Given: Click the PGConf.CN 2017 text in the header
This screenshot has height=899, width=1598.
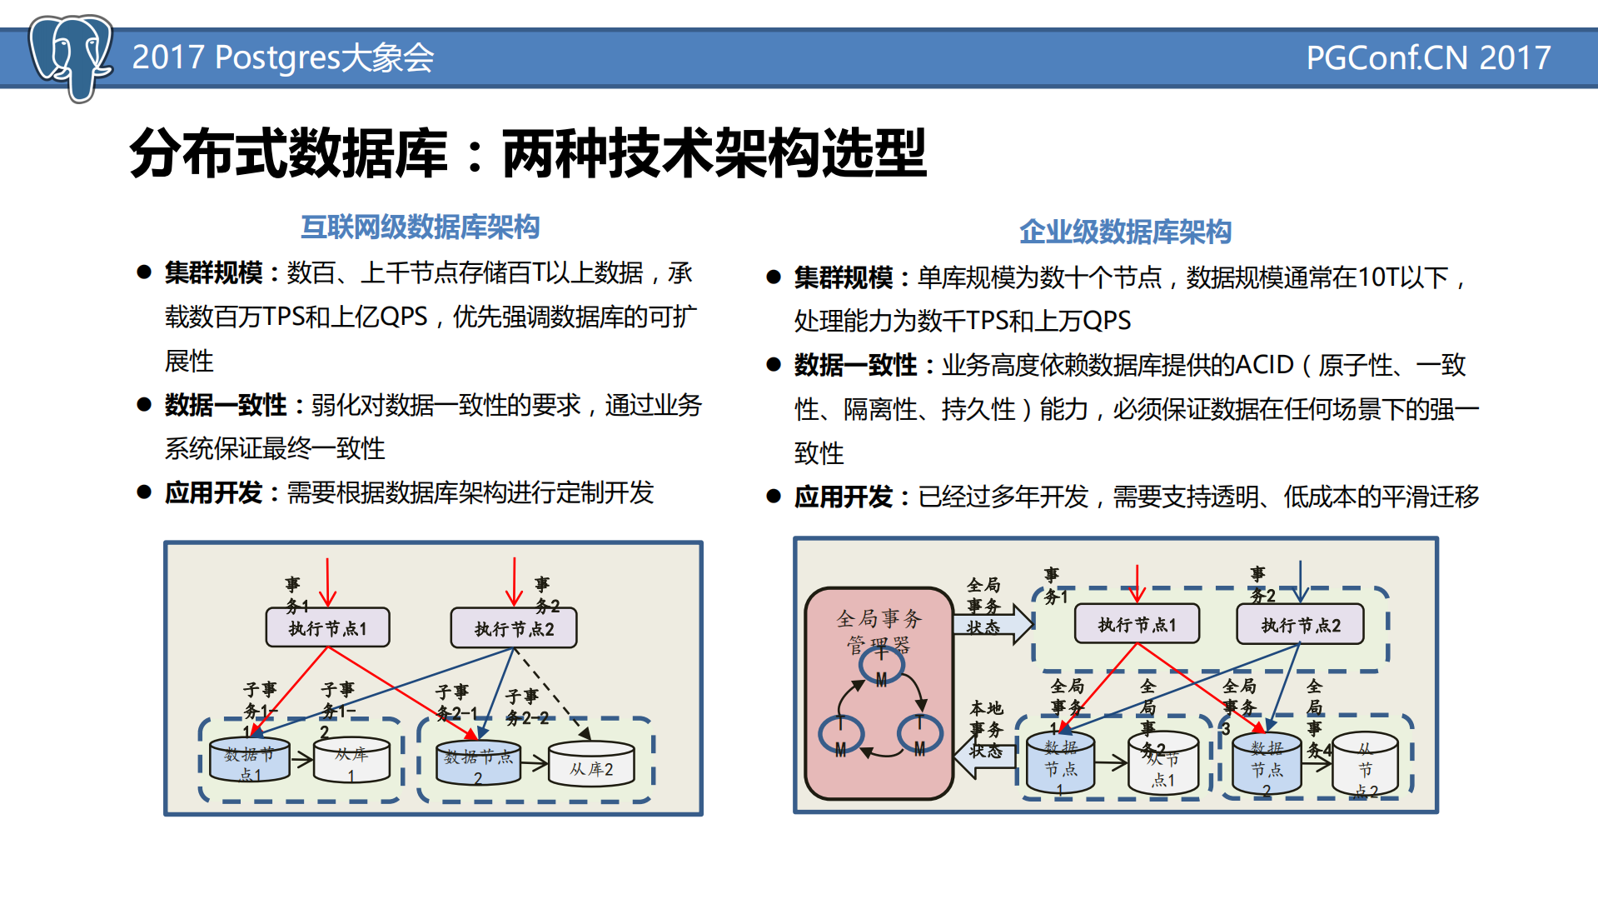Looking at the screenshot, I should click(1427, 57).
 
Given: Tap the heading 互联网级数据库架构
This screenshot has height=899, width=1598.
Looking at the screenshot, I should click(420, 227).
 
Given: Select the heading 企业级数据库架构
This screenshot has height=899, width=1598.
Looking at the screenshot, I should click(1124, 232).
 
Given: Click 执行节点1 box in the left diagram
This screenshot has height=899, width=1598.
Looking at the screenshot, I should click(327, 628).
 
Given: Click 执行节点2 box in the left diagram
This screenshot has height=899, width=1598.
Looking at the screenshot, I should click(514, 628).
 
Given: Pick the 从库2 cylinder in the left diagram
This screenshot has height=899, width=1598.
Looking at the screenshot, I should click(591, 764).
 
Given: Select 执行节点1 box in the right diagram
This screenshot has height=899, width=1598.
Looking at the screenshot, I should click(1137, 624).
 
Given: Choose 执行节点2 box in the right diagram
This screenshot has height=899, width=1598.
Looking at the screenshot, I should click(1300, 625).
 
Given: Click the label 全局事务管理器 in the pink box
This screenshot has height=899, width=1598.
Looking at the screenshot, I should click(879, 629).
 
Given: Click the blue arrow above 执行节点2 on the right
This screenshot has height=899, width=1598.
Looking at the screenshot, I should click(1300, 581).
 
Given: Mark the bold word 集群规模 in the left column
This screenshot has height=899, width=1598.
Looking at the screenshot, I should click(213, 272).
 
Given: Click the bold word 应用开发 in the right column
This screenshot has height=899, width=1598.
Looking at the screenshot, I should click(843, 497).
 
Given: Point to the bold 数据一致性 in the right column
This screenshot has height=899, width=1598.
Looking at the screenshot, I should click(854, 365).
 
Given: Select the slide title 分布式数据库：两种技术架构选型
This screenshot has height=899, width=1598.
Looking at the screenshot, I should click(528, 153).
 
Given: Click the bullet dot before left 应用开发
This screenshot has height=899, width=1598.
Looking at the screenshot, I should click(144, 492).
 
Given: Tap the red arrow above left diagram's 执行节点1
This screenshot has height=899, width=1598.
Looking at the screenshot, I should click(328, 582).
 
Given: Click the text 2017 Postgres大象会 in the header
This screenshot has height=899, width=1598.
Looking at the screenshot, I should click(282, 57).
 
